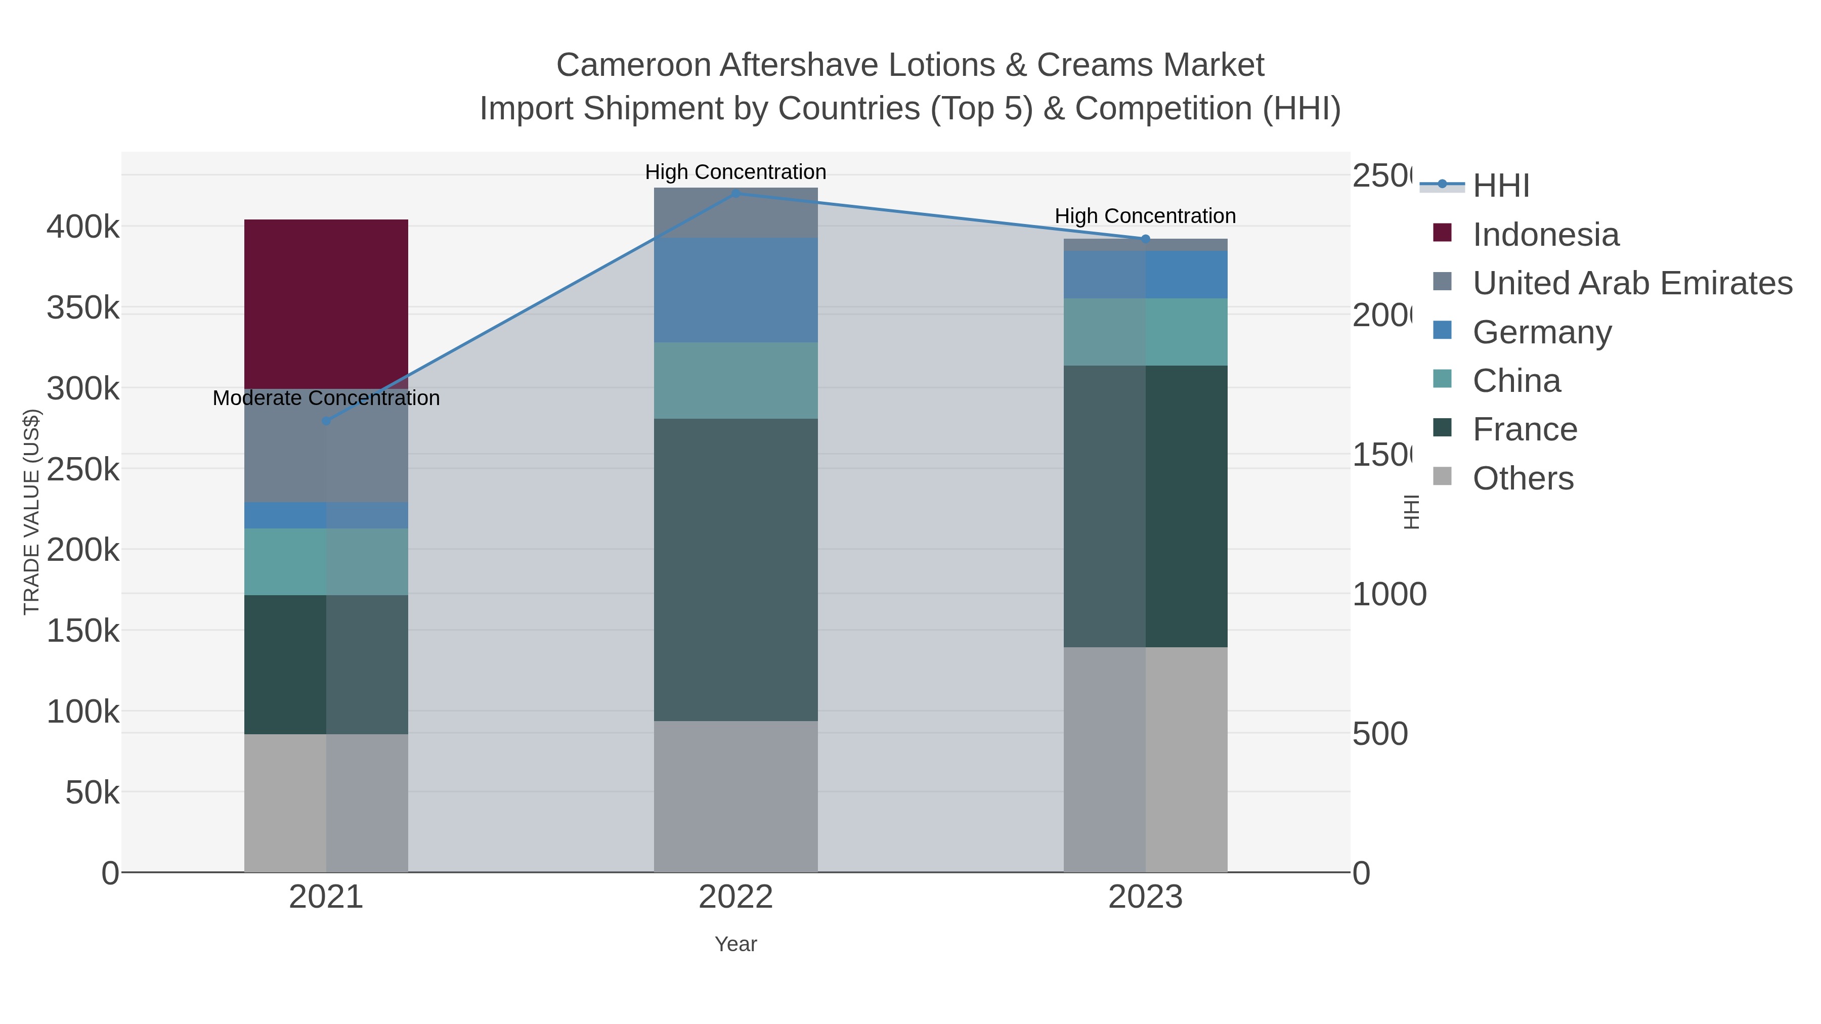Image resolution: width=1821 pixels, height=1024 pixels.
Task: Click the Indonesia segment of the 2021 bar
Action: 326,304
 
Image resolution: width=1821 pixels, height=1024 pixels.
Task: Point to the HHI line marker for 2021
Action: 326,421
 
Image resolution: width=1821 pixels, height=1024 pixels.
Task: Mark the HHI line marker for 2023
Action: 1145,239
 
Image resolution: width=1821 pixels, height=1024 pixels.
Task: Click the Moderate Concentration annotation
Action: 326,398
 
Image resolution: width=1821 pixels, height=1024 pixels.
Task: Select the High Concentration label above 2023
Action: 1145,216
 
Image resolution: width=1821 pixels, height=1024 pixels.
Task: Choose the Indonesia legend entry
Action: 1545,235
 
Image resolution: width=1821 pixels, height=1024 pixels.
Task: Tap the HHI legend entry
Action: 1501,186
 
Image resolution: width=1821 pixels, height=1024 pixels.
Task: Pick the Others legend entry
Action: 1523,478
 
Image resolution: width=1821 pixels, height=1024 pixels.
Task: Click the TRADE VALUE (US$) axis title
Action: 32,512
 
